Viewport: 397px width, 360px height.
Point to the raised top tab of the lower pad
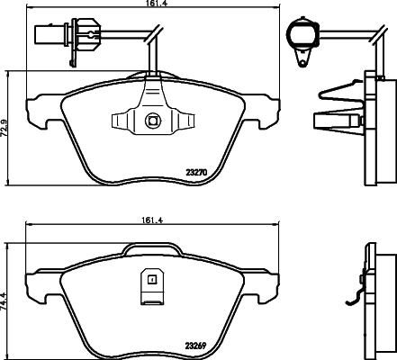[x=151, y=251]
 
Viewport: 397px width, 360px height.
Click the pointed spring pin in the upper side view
[x=332, y=120]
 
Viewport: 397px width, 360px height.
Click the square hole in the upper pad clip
[x=151, y=120]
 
